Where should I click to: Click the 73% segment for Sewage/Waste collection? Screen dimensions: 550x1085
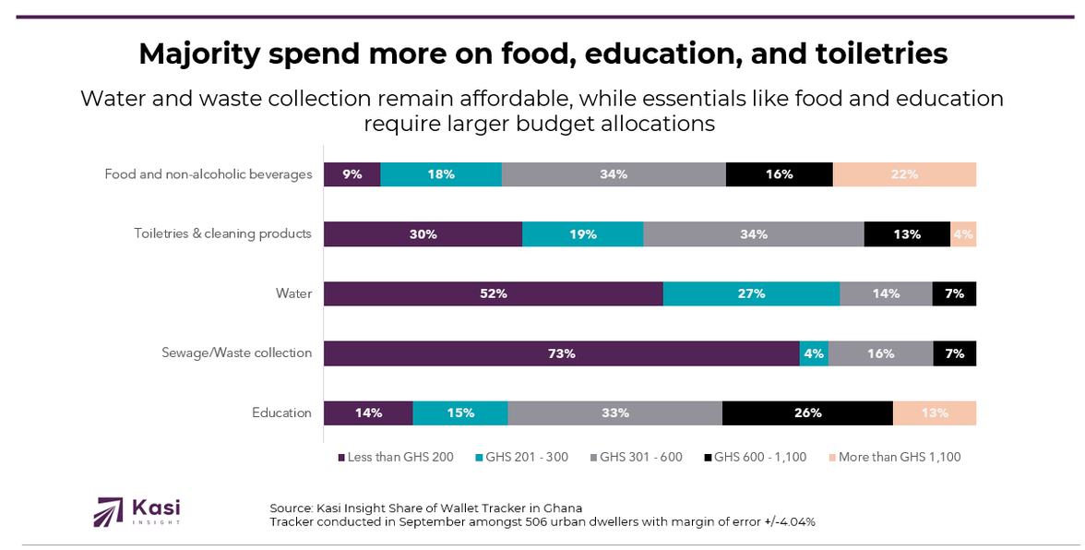[x=561, y=353]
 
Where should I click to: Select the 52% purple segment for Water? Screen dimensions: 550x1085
[x=493, y=294]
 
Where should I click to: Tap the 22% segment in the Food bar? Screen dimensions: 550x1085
[x=904, y=174]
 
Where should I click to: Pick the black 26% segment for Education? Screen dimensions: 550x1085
[x=807, y=413]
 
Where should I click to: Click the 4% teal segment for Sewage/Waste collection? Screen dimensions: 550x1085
[x=814, y=353]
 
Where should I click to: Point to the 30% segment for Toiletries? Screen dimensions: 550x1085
[x=423, y=234]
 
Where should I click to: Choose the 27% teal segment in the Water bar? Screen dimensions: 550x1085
[x=751, y=294]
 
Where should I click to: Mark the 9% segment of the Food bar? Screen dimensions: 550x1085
[x=352, y=174]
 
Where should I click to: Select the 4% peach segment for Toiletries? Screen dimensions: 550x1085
[x=963, y=234]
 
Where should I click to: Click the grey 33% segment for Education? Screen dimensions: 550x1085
[x=615, y=413]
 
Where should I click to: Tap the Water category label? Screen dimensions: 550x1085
[x=293, y=294]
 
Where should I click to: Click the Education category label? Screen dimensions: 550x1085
[x=281, y=413]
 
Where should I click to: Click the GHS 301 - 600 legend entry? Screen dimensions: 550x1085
[x=641, y=457]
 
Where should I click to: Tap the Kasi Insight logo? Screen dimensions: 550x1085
[x=137, y=511]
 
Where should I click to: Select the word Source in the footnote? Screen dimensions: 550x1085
[x=291, y=508]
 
